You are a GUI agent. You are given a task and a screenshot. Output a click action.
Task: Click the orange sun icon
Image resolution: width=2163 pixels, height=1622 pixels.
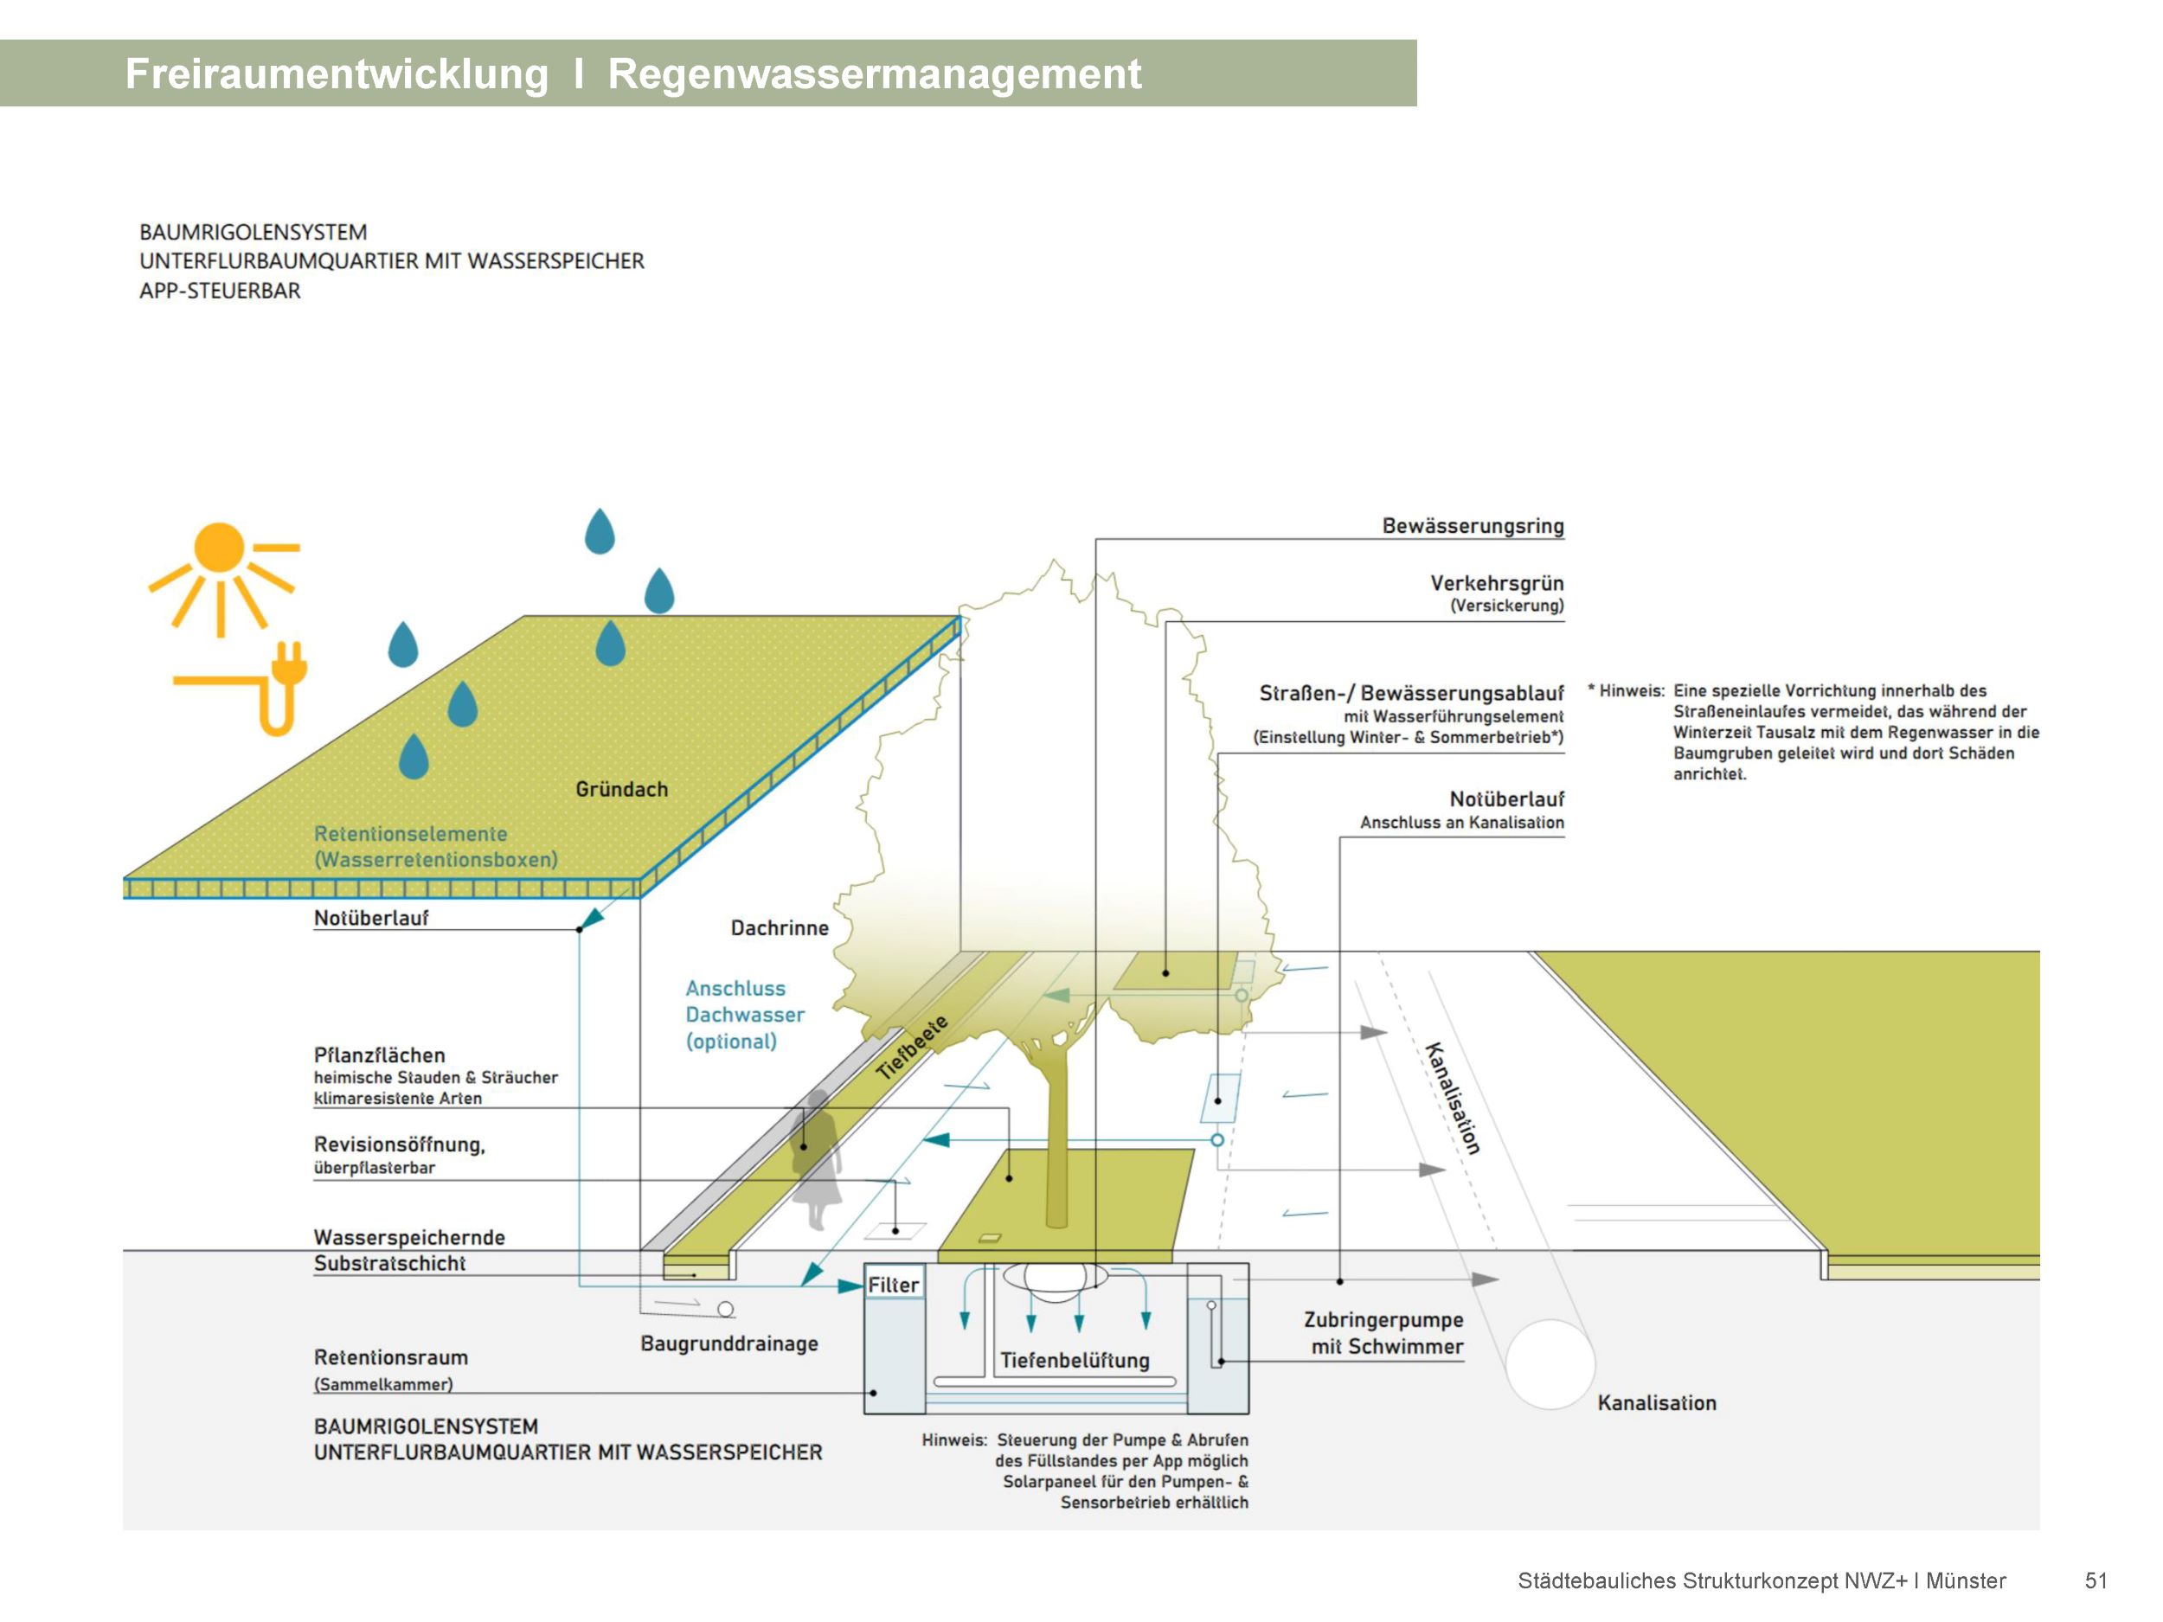pyautogui.click(x=219, y=548)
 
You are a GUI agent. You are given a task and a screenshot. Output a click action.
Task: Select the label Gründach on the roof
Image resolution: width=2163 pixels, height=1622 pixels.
pyautogui.click(x=621, y=789)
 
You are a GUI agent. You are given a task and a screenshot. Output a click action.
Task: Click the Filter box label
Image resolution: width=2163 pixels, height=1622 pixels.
pyautogui.click(x=893, y=1285)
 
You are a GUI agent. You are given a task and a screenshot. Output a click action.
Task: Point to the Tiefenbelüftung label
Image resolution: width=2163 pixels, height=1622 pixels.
pyautogui.click(x=1074, y=1360)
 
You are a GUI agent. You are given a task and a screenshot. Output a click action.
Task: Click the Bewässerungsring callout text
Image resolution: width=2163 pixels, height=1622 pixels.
pyautogui.click(x=1472, y=526)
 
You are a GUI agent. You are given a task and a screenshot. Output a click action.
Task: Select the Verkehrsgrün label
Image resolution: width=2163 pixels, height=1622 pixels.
pyautogui.click(x=1496, y=584)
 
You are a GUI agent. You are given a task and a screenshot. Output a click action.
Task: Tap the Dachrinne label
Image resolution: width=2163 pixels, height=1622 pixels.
pyautogui.click(x=780, y=928)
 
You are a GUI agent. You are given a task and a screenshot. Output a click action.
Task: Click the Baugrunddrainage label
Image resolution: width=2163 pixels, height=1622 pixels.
pyautogui.click(x=728, y=1343)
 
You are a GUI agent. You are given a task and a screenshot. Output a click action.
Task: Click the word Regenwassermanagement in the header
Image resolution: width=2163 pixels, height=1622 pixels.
pyautogui.click(x=874, y=74)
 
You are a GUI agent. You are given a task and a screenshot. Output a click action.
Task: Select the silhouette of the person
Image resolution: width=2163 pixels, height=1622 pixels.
pyautogui.click(x=817, y=1158)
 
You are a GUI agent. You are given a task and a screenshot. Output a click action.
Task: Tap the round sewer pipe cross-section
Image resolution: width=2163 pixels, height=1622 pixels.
pyautogui.click(x=1550, y=1364)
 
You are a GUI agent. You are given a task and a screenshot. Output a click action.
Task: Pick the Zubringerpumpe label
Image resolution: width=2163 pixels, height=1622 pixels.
pyautogui.click(x=1383, y=1320)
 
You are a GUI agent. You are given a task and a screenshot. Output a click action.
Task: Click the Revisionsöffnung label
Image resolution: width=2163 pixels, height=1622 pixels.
pyautogui.click(x=399, y=1144)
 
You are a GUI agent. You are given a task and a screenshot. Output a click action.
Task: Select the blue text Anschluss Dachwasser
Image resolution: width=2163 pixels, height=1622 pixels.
pyautogui.click(x=743, y=1002)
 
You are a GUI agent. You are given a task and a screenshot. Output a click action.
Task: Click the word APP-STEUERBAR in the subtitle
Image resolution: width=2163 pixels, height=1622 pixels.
pyautogui.click(x=220, y=291)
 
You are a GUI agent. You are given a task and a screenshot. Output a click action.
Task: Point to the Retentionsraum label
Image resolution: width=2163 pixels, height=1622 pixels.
pyautogui.click(x=390, y=1357)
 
